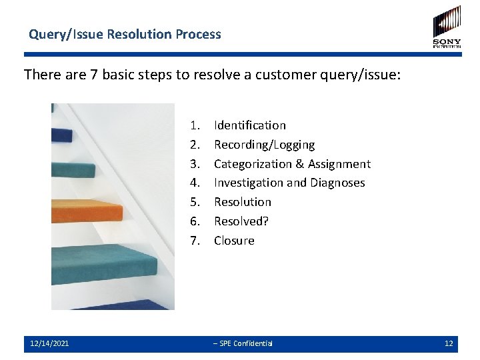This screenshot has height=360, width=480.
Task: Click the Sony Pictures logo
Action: click(447, 27)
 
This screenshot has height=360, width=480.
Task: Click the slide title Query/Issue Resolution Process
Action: click(125, 34)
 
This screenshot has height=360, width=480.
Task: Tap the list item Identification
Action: click(249, 125)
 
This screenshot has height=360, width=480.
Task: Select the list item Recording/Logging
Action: click(264, 145)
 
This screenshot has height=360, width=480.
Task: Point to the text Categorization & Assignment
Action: click(292, 164)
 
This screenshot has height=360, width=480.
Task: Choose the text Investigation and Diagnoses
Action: click(289, 183)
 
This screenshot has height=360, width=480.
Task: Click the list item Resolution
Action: click(243, 202)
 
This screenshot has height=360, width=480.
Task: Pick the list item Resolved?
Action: click(241, 221)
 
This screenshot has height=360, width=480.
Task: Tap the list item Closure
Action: click(234, 241)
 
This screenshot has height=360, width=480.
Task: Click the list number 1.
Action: click(195, 125)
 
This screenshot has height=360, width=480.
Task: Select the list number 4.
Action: click(195, 183)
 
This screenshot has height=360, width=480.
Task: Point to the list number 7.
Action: click(195, 241)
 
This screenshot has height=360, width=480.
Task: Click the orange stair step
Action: click(87, 210)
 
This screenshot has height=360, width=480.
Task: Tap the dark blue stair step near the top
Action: click(63, 135)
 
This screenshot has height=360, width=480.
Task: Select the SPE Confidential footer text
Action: click(243, 343)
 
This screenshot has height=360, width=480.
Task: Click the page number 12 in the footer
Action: click(449, 343)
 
